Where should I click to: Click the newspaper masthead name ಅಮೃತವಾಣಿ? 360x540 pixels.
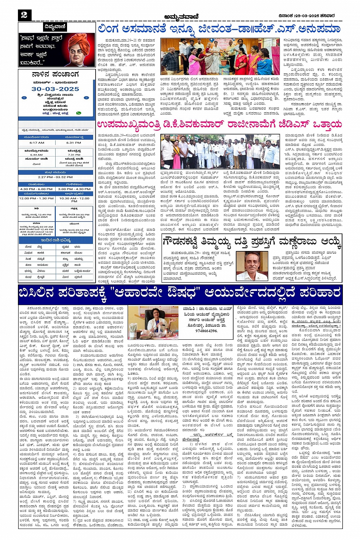point(179,16)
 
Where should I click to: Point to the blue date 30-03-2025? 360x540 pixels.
point(56,89)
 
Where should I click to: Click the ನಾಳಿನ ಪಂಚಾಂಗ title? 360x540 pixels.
point(56,75)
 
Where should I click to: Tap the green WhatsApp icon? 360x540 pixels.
point(79,113)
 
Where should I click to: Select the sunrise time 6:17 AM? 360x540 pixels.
point(37,143)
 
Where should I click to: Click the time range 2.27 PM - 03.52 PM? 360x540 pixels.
point(56,177)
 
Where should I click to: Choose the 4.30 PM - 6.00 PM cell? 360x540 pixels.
point(37,189)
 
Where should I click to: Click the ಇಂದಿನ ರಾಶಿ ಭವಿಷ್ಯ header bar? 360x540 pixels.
point(56,240)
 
